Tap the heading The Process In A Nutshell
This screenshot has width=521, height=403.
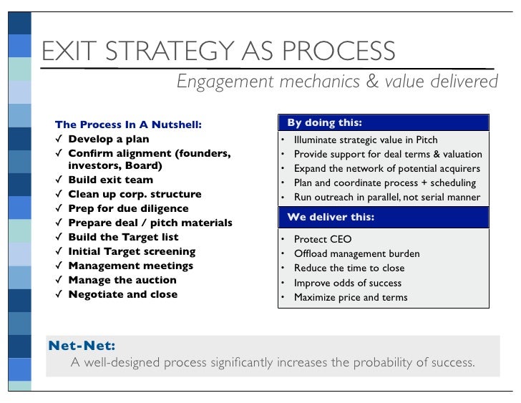[128, 125]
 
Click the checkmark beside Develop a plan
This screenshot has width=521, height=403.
[59, 138]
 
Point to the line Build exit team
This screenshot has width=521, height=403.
[110, 180]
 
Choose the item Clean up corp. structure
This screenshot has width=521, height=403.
[135, 194]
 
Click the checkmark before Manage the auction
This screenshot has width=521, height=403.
[59, 280]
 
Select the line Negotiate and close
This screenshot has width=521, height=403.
[122, 294]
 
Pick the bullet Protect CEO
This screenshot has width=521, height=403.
[323, 239]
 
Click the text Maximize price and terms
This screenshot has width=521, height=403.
[351, 297]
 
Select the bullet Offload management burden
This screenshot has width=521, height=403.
[356, 253]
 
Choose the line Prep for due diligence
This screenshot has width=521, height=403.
[128, 208]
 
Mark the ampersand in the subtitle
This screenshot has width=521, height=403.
[374, 82]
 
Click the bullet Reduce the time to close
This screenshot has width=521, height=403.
[349, 268]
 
